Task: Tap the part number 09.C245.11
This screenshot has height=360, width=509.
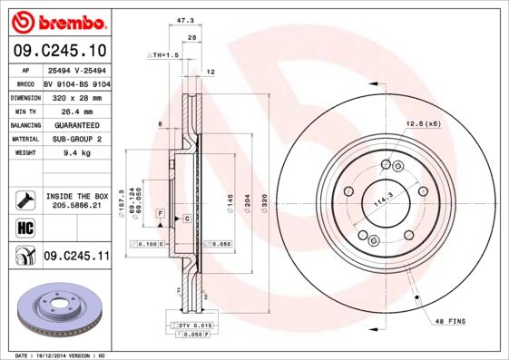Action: tap(76, 257)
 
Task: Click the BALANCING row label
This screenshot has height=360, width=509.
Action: tap(24, 125)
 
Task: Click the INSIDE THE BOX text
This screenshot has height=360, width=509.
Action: tap(76, 196)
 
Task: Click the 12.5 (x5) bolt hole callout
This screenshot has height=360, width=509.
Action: tap(422, 122)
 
